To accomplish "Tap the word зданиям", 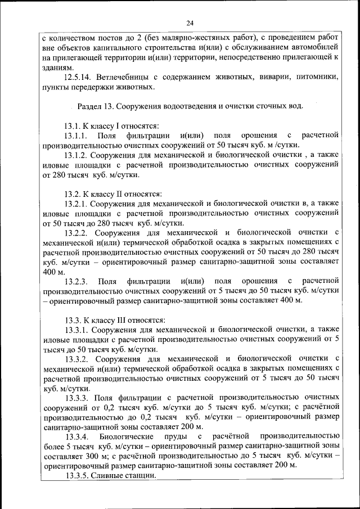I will click(58, 67).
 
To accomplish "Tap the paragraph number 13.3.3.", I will click(76, 397).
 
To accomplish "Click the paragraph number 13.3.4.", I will click(76, 436).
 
